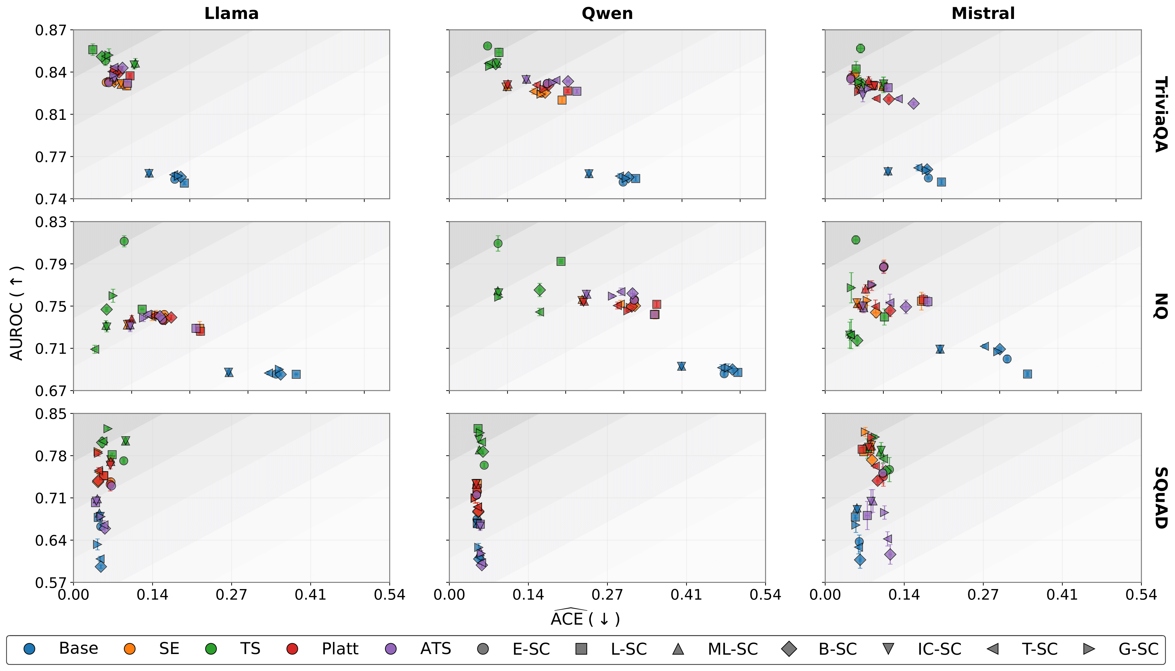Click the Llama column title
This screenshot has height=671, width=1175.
231,13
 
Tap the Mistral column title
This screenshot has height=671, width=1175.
983,13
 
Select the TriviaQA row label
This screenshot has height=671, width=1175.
1160,114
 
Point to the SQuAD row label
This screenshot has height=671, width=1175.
1160,498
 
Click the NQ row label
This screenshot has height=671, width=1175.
1160,306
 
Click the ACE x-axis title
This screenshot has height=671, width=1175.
585,618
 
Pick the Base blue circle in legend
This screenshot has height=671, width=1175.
29,649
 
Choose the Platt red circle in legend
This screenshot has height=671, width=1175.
292,649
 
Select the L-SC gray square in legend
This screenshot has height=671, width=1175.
582,649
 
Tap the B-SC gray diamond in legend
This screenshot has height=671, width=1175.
789,649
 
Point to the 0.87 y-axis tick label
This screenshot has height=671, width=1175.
51,30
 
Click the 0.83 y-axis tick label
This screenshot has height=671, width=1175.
51,222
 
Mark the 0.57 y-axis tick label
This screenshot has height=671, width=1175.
51,583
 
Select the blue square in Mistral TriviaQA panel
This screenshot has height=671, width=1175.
942,182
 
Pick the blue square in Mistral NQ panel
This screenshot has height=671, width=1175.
1027,374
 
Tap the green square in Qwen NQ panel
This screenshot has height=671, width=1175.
561,261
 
